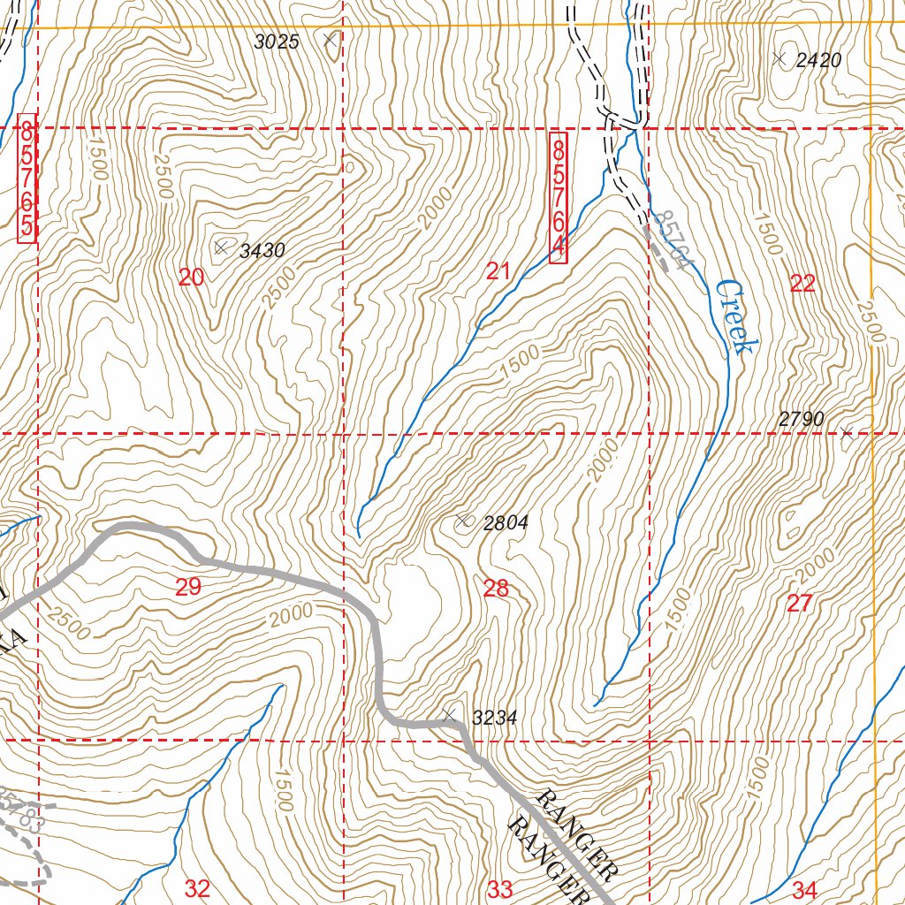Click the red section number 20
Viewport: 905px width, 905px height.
point(192,278)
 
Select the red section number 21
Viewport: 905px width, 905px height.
point(498,272)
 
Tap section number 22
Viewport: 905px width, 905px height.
point(802,284)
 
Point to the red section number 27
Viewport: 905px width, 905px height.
point(799,604)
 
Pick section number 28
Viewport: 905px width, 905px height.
point(497,589)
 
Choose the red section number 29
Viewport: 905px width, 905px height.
point(188,587)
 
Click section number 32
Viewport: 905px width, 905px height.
point(197,889)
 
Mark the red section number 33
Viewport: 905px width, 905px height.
point(500,889)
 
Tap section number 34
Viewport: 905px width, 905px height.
point(804,889)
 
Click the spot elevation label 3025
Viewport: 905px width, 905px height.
point(277,42)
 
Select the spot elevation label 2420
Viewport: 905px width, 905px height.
point(818,61)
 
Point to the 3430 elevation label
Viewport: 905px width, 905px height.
point(262,251)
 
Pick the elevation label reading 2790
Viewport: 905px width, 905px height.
point(802,419)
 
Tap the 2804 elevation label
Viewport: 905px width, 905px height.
point(506,523)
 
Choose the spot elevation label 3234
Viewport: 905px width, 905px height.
point(494,719)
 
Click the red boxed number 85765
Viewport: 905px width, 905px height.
point(27,179)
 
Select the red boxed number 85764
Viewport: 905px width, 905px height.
point(558,197)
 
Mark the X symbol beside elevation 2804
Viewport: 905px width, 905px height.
point(462,521)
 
